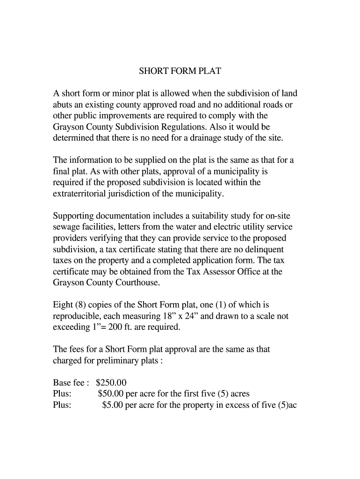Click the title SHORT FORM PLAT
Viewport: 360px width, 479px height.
(x=180, y=71)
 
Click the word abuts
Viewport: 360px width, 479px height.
(x=64, y=104)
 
